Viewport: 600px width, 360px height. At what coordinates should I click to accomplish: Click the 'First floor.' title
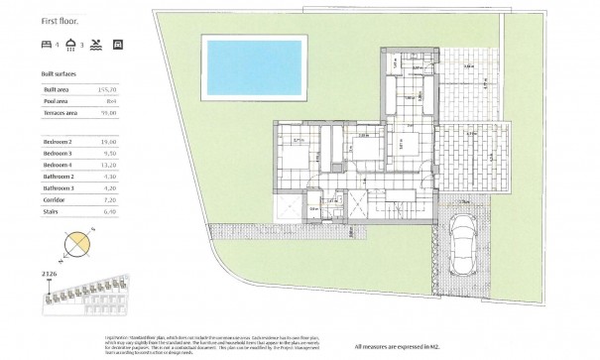(x=62, y=20)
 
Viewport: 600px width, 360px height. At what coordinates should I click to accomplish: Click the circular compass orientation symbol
(x=76, y=243)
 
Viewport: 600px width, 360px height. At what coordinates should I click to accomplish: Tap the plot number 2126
(x=57, y=271)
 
